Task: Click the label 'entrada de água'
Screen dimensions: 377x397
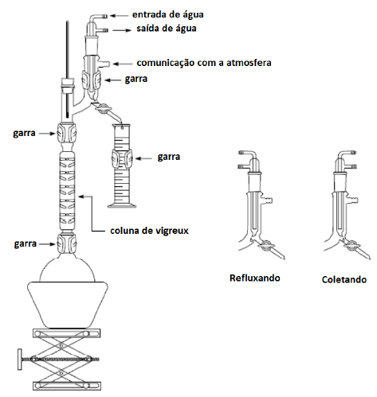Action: click(x=168, y=14)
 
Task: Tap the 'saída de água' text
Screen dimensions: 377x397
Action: click(x=167, y=28)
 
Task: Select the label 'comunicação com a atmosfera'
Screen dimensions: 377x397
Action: click(x=204, y=63)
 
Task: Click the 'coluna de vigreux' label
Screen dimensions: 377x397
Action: click(x=149, y=231)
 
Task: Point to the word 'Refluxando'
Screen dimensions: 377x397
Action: click(x=255, y=278)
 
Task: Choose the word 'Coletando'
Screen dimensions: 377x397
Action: click(x=344, y=279)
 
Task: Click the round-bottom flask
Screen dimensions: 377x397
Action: click(x=67, y=267)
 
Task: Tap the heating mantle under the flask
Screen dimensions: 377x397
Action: click(x=68, y=305)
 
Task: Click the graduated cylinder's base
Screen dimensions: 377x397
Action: click(x=122, y=205)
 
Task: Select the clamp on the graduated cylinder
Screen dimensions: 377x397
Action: click(x=122, y=158)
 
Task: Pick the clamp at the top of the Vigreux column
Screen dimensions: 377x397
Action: click(x=66, y=133)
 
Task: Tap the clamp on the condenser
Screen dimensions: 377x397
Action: click(x=92, y=80)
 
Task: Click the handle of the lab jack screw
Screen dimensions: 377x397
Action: click(x=20, y=360)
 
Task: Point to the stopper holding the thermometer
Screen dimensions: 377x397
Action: click(x=67, y=84)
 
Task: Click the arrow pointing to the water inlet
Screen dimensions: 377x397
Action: click(x=119, y=16)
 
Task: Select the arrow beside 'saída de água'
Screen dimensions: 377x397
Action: click(x=122, y=30)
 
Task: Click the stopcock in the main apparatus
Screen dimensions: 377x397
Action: click(x=102, y=109)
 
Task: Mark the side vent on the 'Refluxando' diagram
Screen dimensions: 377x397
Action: click(x=268, y=200)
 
